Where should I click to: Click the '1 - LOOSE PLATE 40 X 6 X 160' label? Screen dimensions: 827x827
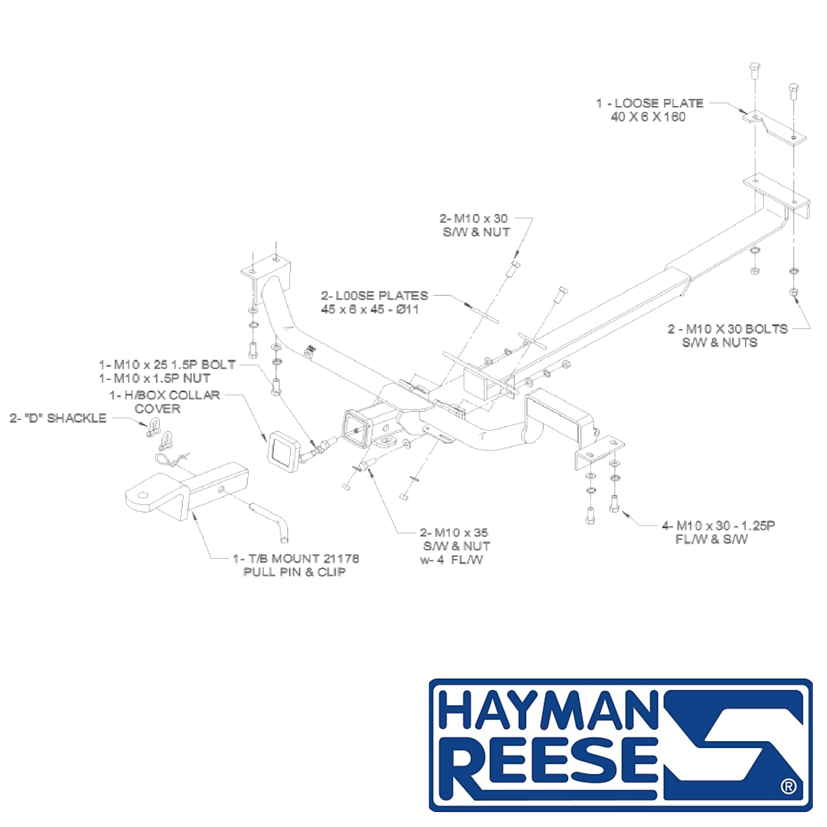click(x=650, y=110)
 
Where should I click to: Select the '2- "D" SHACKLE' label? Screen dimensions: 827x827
click(x=58, y=418)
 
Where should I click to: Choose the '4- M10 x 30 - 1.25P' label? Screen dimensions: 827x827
click(x=719, y=526)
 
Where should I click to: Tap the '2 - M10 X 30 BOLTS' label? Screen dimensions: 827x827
click(x=728, y=329)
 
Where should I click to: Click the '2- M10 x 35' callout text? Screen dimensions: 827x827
click(x=454, y=533)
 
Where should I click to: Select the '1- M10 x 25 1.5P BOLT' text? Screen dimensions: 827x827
click(x=167, y=365)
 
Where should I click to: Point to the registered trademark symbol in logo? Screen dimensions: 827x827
click(x=789, y=786)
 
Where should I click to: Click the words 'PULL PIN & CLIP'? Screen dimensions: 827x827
click(x=294, y=572)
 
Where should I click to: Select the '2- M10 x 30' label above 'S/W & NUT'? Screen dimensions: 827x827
click(x=473, y=218)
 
